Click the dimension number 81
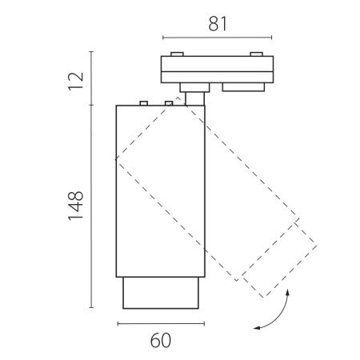(x=218, y=24)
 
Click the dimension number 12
(x=76, y=82)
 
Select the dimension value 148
(x=76, y=206)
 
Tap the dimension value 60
(x=161, y=341)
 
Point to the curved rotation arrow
(x=280, y=314)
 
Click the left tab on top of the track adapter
(x=177, y=54)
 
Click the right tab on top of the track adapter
(x=256, y=54)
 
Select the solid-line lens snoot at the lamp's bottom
(x=161, y=293)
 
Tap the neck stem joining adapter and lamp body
(x=195, y=98)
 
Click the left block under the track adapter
(x=194, y=87)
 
